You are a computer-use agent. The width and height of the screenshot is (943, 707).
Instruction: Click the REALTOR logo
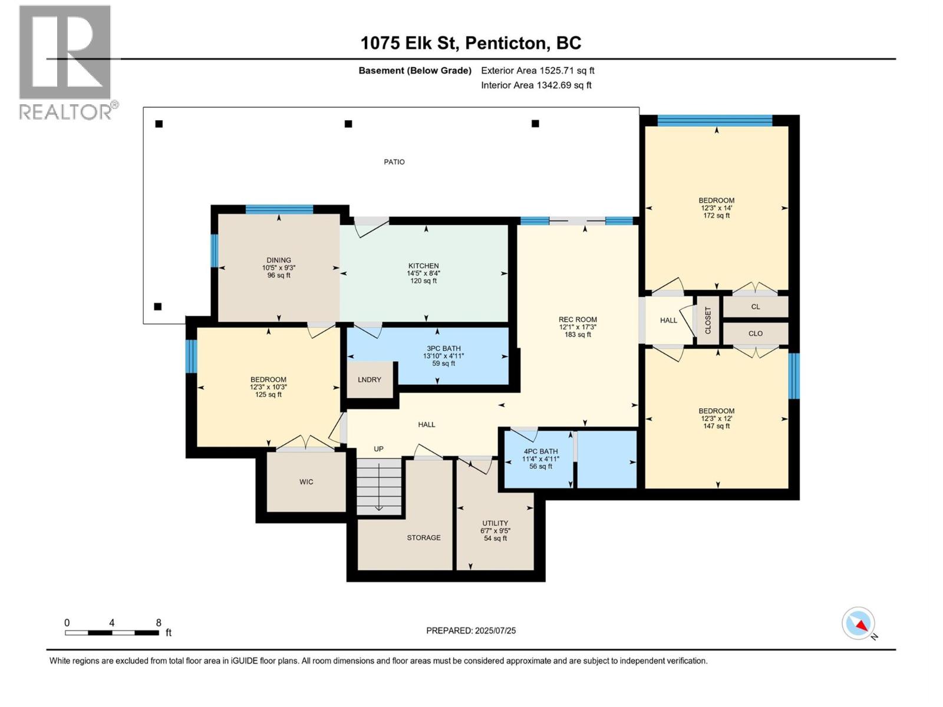coord(66,62)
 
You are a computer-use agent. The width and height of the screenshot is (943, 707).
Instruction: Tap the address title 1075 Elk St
coord(470,43)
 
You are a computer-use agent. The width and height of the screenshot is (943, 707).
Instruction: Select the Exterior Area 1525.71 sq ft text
coord(537,71)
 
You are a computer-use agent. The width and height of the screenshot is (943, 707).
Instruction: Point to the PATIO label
coord(394,162)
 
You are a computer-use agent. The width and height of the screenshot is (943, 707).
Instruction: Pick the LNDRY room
coord(370,379)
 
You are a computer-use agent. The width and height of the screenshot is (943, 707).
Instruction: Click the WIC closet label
coord(306,482)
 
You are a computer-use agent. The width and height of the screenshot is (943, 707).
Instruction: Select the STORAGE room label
coord(423,538)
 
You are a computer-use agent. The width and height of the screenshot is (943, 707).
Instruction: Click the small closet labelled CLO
coord(755,333)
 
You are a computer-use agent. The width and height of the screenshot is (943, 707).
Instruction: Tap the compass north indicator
coord(859,623)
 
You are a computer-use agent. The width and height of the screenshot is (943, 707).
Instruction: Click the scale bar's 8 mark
coord(159,623)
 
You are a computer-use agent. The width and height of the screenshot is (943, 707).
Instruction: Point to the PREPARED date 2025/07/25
coord(471,630)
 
